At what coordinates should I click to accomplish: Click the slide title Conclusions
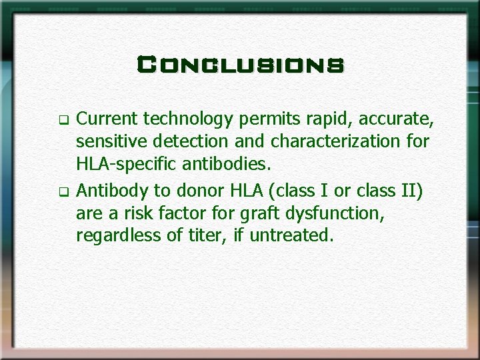coord(240,65)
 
